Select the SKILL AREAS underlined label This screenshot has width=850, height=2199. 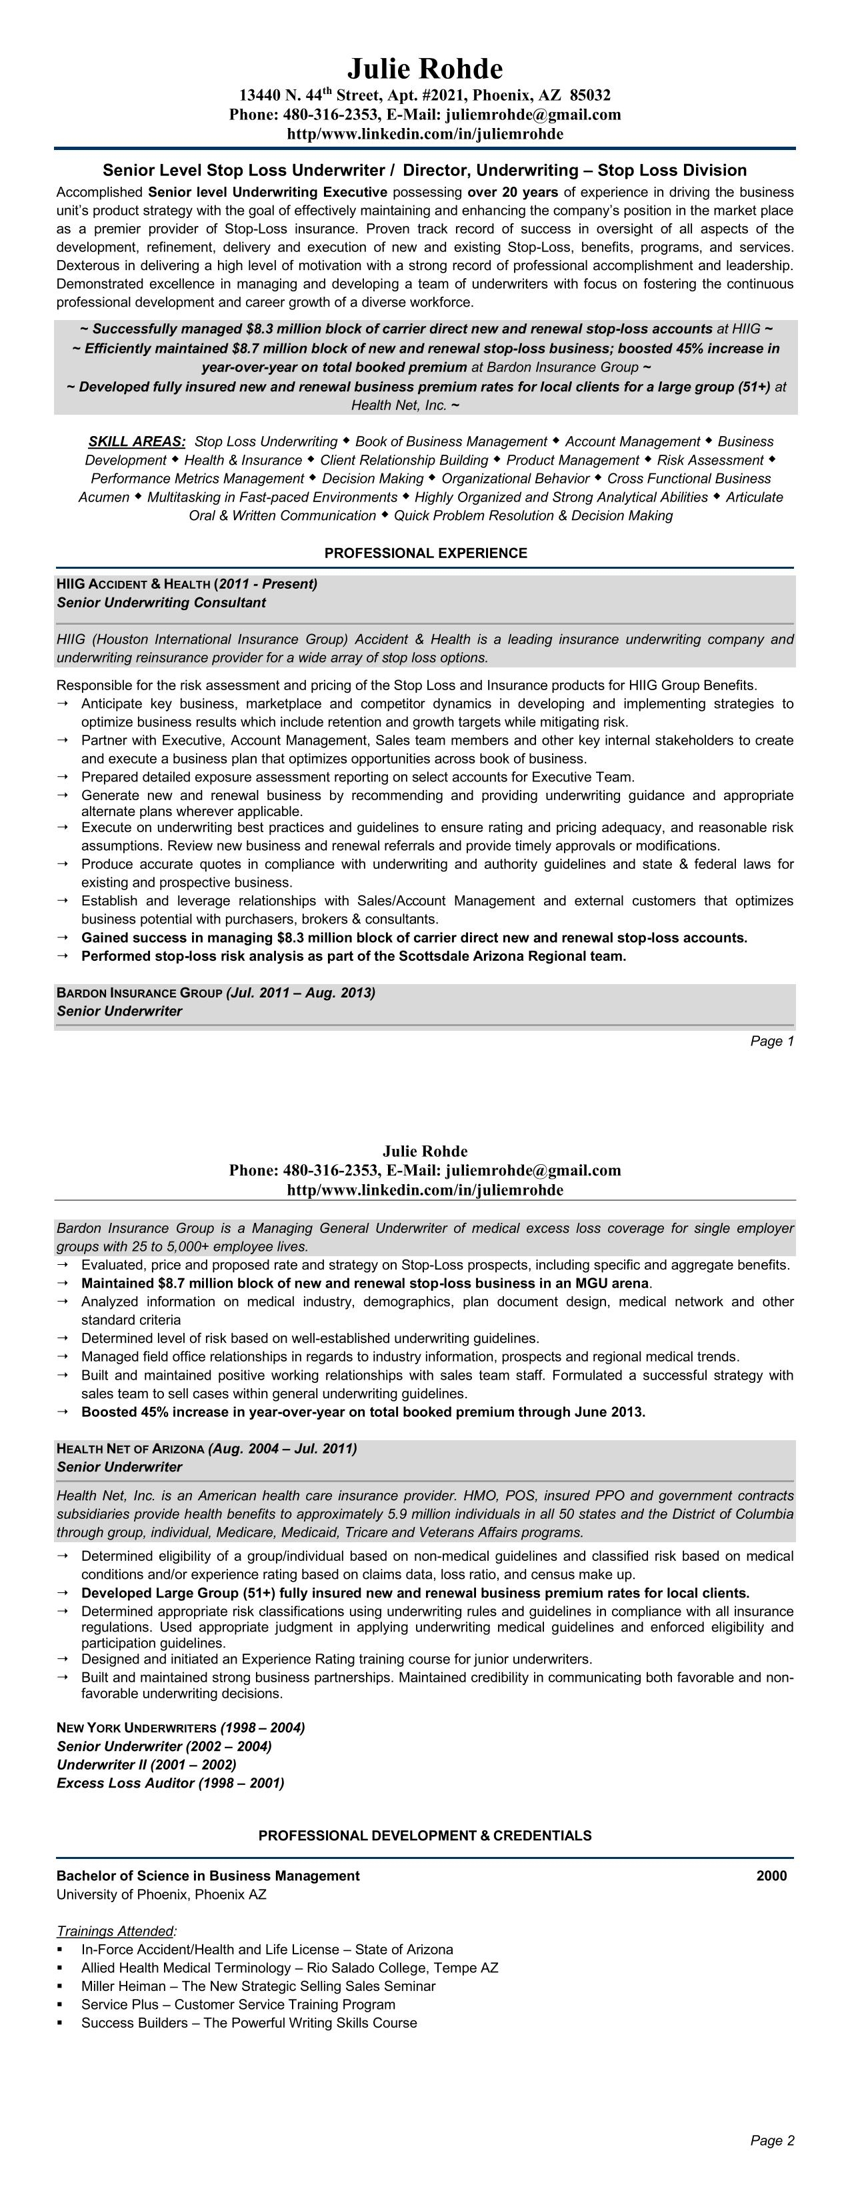[137, 441]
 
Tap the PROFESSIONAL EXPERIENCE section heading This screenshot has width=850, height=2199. [425, 553]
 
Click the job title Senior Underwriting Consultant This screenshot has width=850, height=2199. [161, 603]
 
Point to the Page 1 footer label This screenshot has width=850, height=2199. [771, 1041]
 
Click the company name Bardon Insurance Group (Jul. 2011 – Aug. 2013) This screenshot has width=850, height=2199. [215, 993]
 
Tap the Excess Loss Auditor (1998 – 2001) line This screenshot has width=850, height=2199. [170, 1784]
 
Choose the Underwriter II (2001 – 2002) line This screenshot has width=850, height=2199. [146, 1764]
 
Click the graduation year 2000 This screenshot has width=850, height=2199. [771, 1876]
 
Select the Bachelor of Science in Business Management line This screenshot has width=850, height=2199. [207, 1876]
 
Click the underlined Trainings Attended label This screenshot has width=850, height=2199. [116, 1931]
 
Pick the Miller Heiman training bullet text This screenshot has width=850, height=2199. [258, 1986]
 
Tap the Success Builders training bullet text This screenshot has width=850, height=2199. [249, 2022]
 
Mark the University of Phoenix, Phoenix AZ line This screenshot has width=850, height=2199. [161, 1894]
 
